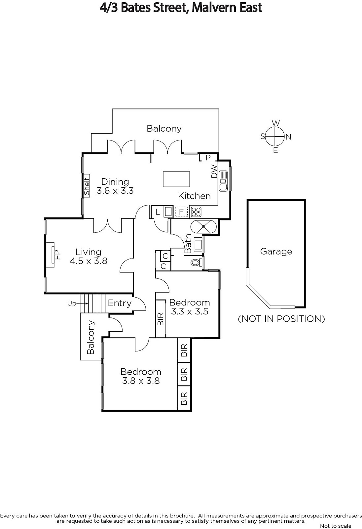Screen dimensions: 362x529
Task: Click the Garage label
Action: click(276, 252)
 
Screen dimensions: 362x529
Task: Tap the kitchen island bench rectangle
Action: click(176, 179)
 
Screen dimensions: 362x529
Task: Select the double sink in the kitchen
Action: click(223, 181)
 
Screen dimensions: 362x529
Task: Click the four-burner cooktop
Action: click(196, 212)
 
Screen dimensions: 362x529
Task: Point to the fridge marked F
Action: click(181, 212)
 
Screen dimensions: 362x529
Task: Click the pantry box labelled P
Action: click(208, 157)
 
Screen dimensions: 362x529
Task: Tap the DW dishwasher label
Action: click(214, 171)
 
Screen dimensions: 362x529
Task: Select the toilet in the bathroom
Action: click(196, 262)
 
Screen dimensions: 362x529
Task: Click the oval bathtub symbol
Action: click(203, 226)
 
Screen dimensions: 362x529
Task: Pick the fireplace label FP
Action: click(57, 255)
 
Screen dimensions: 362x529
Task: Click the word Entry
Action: click(120, 304)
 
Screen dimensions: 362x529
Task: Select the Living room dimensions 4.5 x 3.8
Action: click(89, 261)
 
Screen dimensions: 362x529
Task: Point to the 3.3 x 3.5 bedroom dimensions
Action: click(190, 311)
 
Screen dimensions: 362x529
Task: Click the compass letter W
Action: click(276, 123)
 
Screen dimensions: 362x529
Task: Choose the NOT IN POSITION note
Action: click(281, 319)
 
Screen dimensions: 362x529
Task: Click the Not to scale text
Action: click(336, 526)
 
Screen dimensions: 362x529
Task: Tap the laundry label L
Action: click(158, 212)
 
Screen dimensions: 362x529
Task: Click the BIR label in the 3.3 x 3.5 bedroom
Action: click(161, 319)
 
